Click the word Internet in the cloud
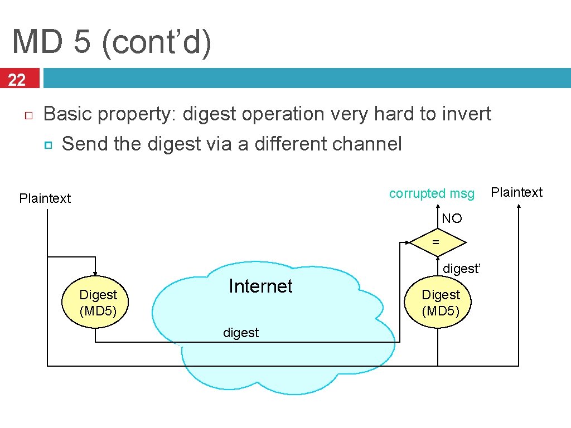click(260, 286)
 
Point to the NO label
click(452, 218)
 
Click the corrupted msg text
click(432, 193)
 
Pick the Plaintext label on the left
click(45, 198)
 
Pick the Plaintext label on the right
click(516, 192)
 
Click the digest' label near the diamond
click(461, 269)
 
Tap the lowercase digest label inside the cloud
click(241, 333)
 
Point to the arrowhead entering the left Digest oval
click(95, 273)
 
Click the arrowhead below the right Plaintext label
click(519, 207)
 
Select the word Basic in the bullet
click(67, 114)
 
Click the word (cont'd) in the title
click(156, 42)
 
